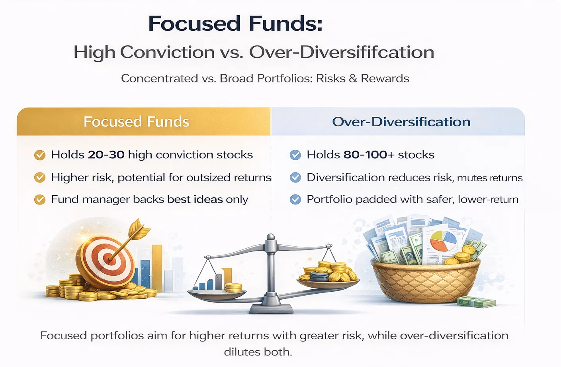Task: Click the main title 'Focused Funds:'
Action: pyautogui.click(x=235, y=24)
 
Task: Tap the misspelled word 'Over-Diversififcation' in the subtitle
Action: pyautogui.click(x=342, y=52)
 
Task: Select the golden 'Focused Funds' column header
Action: pyautogui.click(x=136, y=122)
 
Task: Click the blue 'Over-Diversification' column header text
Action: pyautogui.click(x=401, y=122)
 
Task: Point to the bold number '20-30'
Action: pyautogui.click(x=106, y=155)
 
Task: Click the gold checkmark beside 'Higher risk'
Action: pyautogui.click(x=40, y=177)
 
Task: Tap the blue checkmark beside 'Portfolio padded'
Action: pyautogui.click(x=295, y=199)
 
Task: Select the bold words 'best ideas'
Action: pyautogui.click(x=195, y=199)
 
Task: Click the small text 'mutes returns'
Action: pyautogui.click(x=490, y=178)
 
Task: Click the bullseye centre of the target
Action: pyautogui.click(x=109, y=259)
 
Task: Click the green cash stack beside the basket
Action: pyautogui.click(x=476, y=302)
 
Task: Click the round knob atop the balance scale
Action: pyautogui.click(x=270, y=237)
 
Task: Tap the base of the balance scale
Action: pyautogui.click(x=271, y=308)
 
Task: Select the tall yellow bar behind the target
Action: pyautogui.click(x=157, y=267)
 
